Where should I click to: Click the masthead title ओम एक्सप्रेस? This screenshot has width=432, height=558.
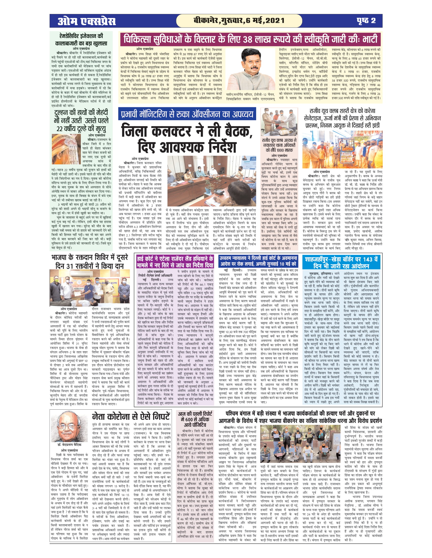[86, 21]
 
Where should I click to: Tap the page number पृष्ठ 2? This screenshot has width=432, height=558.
[366, 21]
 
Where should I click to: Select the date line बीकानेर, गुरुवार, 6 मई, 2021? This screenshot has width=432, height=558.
[239, 21]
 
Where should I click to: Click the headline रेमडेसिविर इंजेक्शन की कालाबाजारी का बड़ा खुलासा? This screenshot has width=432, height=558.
[81, 40]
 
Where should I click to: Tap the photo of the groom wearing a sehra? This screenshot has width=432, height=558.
[66, 149]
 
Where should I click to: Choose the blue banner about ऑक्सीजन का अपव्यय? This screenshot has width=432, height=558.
[187, 114]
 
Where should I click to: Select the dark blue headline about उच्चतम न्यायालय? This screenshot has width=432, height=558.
[258, 260]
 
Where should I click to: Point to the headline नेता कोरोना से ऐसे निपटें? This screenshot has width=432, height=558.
[131, 417]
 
